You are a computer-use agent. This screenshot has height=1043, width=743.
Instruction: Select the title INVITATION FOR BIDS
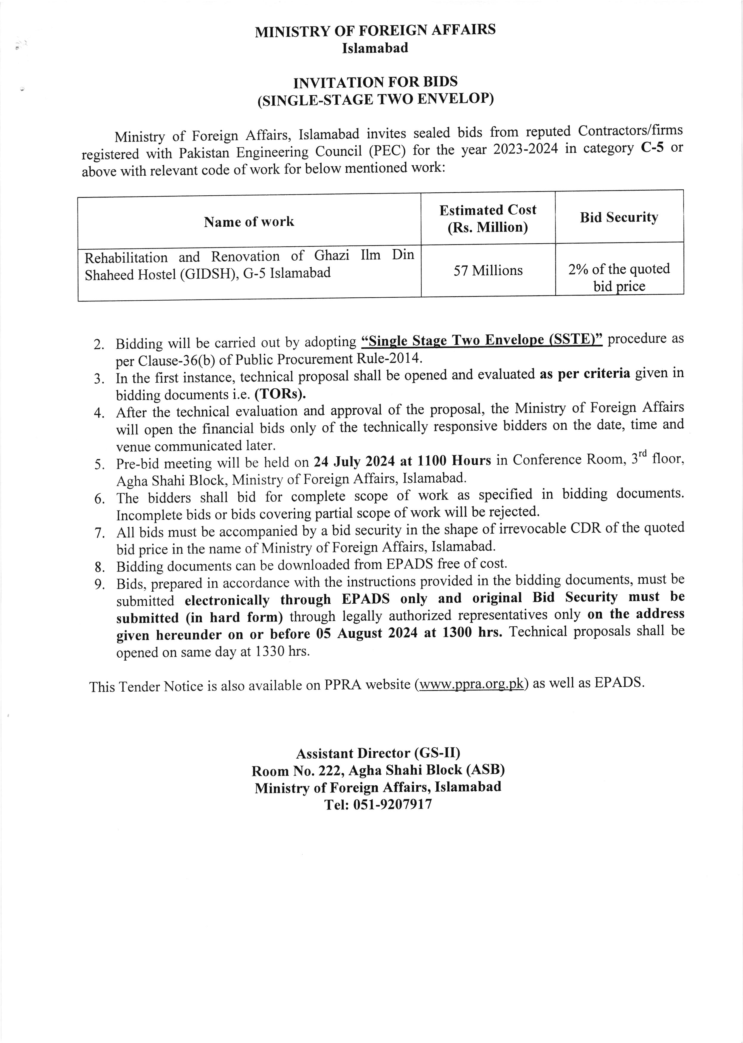[x=375, y=82]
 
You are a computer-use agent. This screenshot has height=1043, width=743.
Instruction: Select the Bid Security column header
[x=619, y=217]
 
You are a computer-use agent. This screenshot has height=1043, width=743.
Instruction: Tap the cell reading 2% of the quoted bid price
[x=619, y=277]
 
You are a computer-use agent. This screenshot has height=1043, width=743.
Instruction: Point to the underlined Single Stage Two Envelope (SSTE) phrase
[x=481, y=340]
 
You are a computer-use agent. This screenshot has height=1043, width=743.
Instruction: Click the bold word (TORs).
[x=280, y=394]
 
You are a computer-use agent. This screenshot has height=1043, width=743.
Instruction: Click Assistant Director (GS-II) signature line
[x=378, y=753]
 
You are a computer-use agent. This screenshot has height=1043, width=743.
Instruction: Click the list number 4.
[x=99, y=412]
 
